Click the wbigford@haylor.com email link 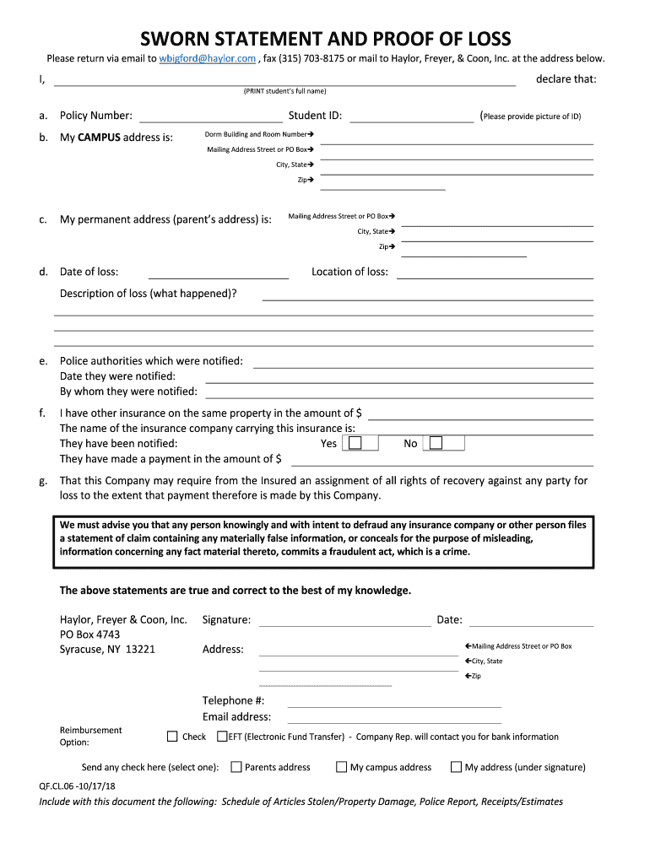click(x=207, y=58)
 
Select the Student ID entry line click(x=411, y=117)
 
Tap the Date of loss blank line click(x=219, y=273)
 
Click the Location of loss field click(x=495, y=273)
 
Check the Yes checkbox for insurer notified click(x=356, y=443)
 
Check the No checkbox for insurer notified click(x=436, y=443)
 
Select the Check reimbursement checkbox click(x=173, y=737)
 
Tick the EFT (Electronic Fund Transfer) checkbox click(x=222, y=737)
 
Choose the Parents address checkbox click(x=236, y=767)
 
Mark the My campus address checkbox click(x=341, y=767)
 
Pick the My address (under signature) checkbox click(x=456, y=767)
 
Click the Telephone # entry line click(x=394, y=702)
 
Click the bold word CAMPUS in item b click(x=99, y=138)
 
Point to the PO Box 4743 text click(x=89, y=634)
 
